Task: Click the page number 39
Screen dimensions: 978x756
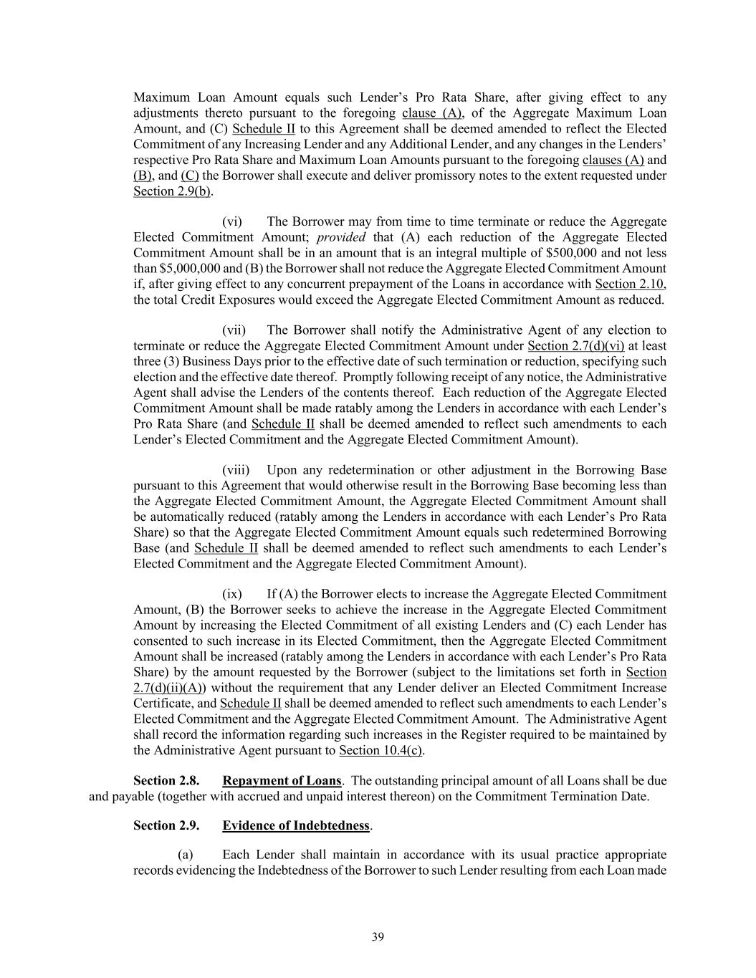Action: click(378, 936)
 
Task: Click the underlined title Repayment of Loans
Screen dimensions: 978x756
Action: click(282, 780)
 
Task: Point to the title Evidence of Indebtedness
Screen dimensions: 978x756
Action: click(295, 825)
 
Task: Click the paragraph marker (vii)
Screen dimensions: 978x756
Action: click(234, 330)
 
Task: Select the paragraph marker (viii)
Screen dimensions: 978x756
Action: click(235, 470)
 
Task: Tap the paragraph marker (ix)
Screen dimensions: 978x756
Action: click(231, 594)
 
